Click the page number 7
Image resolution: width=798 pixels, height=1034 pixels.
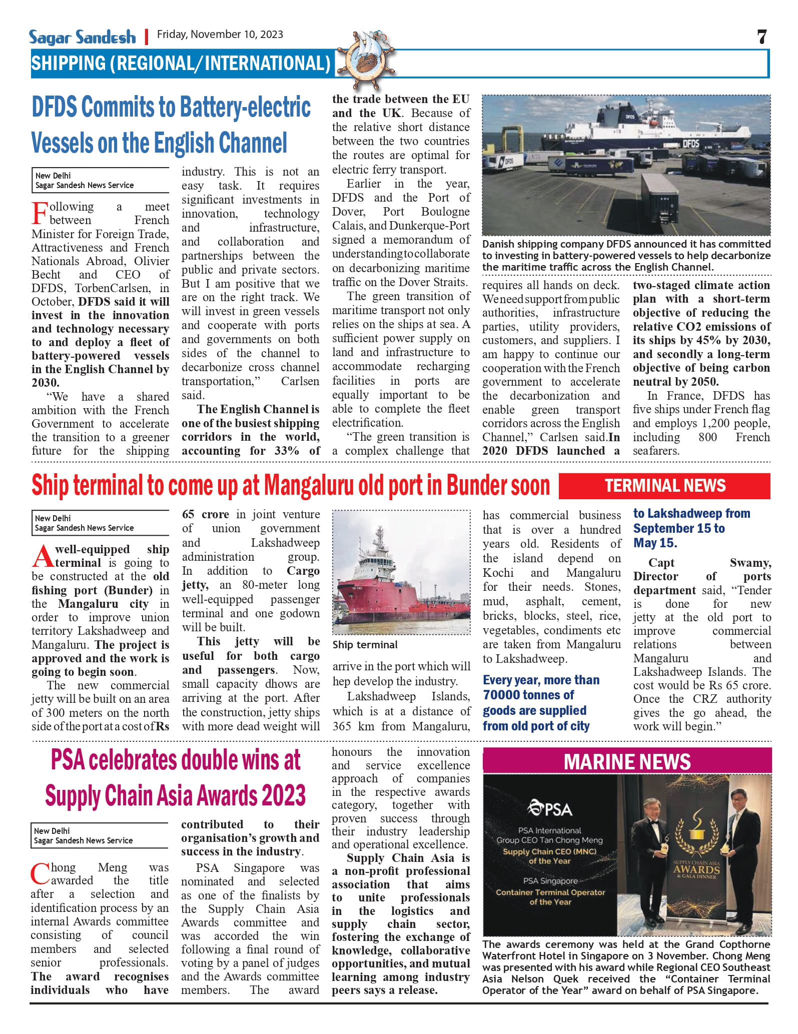click(761, 37)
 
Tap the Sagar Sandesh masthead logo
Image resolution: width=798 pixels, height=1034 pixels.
click(82, 37)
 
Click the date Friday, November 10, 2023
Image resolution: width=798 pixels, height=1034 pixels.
click(220, 35)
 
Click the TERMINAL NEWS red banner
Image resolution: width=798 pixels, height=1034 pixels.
click(664, 486)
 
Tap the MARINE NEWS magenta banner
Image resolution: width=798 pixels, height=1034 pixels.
click(627, 762)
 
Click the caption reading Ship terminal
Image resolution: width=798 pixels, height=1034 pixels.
click(365, 645)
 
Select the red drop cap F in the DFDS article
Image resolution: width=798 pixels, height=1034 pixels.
click(40, 213)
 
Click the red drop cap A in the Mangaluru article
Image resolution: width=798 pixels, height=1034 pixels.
click(43, 556)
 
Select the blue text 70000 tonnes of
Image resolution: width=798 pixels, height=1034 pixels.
click(528, 695)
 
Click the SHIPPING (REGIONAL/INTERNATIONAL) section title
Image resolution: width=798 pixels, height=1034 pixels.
click(181, 64)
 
